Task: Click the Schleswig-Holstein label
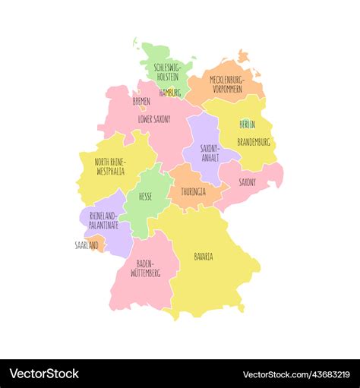click(166, 72)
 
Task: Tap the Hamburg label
click(170, 93)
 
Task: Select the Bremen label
click(141, 100)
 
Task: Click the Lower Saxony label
click(154, 119)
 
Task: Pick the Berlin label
click(248, 124)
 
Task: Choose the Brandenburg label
click(254, 142)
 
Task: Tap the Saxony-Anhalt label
click(210, 153)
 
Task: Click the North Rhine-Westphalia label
click(110, 166)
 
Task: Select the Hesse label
click(145, 196)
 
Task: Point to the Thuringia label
click(193, 191)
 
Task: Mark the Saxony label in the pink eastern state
click(248, 182)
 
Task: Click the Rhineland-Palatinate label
click(104, 220)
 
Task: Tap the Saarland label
click(87, 245)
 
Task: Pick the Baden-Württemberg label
click(147, 267)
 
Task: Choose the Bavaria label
click(204, 257)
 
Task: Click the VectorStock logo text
click(44, 374)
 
